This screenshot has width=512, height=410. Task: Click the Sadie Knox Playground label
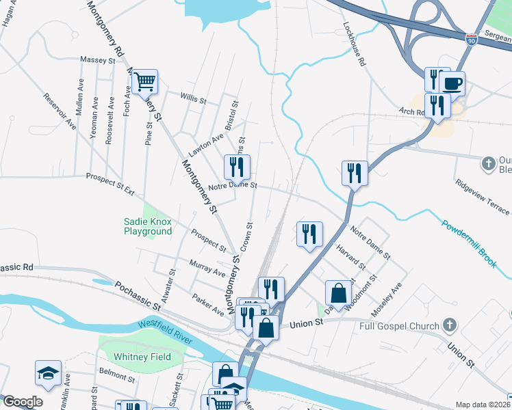tap(148, 226)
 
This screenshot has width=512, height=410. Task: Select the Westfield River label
tap(166, 329)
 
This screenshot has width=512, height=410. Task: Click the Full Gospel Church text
tap(399, 326)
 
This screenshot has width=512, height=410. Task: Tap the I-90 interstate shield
tap(471, 40)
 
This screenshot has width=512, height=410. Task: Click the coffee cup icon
tap(452, 83)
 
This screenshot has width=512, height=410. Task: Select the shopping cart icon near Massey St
tap(145, 82)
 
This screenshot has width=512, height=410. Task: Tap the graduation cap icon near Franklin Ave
tap(49, 372)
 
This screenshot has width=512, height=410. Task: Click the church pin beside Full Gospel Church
tap(449, 325)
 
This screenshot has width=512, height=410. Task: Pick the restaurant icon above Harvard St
tap(309, 234)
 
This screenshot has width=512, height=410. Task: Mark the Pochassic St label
tap(137, 295)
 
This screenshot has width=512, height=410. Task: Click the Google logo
tap(22, 402)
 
